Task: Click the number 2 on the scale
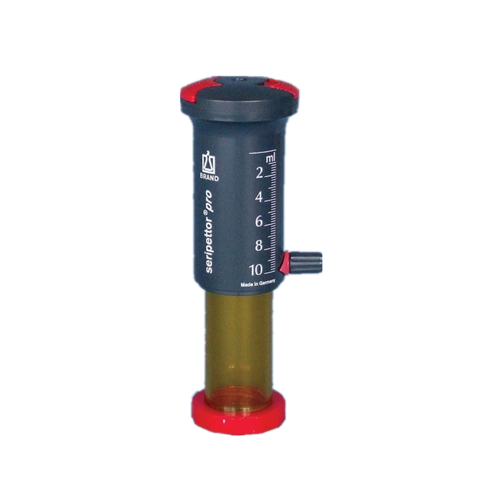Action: pos(259,173)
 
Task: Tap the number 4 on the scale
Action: pos(259,197)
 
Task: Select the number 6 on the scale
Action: pos(259,221)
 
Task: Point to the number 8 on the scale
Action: pos(259,246)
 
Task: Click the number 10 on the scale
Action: pos(256,270)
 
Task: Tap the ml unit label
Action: pos(271,158)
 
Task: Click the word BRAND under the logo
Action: pos(209,178)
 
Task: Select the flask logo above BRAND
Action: pos(209,163)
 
